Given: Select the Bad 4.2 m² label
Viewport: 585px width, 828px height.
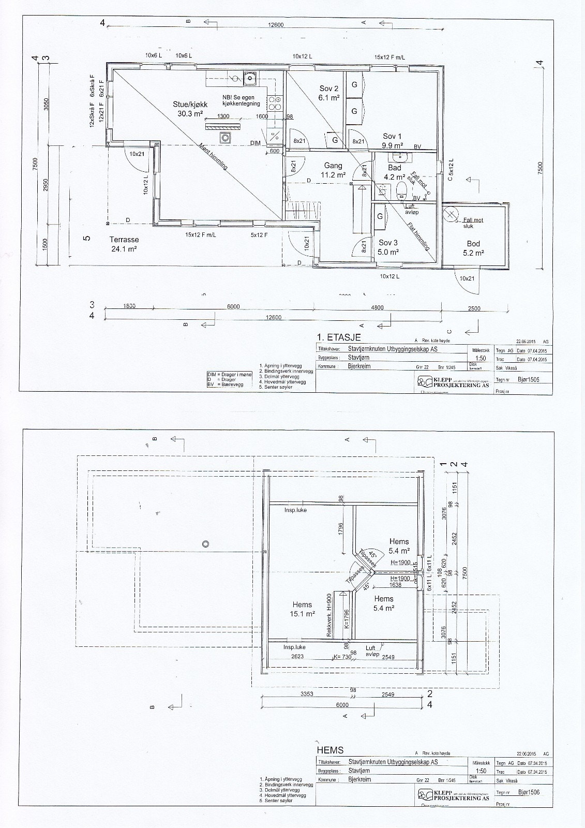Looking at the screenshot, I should pyautogui.click(x=394, y=172).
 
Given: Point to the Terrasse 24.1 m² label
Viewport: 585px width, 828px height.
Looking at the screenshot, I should pyautogui.click(x=124, y=244).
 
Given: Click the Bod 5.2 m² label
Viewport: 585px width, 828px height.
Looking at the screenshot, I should pyautogui.click(x=473, y=248).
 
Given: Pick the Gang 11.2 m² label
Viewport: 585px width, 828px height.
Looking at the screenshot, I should pyautogui.click(x=333, y=170).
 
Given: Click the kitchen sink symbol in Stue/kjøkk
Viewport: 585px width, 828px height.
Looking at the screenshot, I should pyautogui.click(x=250, y=79).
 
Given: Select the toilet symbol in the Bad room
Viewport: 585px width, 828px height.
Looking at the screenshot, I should pyautogui.click(x=401, y=190).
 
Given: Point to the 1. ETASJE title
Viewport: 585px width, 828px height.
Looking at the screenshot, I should pyautogui.click(x=338, y=337).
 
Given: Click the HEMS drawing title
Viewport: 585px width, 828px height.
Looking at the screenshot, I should pyautogui.click(x=329, y=750).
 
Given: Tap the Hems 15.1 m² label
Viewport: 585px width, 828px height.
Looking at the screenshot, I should pyautogui.click(x=303, y=609).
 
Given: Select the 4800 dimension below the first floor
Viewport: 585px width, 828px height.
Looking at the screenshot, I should pyautogui.click(x=378, y=307).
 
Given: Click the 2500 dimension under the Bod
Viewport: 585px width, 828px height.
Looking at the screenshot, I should pyautogui.click(x=474, y=308).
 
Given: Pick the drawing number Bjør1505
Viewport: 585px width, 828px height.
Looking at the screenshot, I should pyautogui.click(x=529, y=379).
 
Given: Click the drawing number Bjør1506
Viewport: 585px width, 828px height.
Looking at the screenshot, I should pyautogui.click(x=529, y=792).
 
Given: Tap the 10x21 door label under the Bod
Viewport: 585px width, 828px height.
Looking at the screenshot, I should pyautogui.click(x=467, y=278).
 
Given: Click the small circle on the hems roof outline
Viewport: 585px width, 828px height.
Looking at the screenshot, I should pyautogui.click(x=205, y=543).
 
